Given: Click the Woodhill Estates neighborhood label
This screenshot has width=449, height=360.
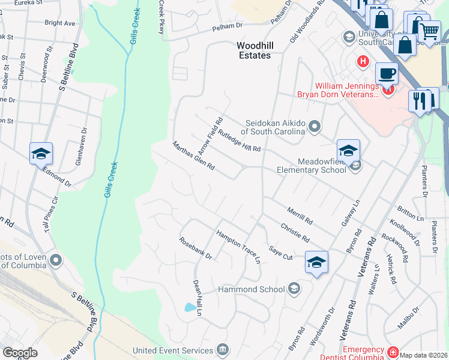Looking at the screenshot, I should tap(253, 50).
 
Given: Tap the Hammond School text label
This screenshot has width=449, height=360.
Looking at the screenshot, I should tap(252, 289).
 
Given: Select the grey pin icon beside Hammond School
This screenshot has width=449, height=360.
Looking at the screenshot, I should tap(294, 290).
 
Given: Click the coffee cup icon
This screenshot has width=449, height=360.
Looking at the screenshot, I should tap(387, 74).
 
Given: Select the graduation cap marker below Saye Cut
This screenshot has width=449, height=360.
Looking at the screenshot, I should tap(316, 262).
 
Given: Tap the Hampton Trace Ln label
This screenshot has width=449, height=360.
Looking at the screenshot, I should tap(238, 247).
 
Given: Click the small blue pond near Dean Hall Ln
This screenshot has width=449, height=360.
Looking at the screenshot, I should tap(190, 308).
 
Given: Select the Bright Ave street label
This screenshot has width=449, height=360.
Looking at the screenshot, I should tap(60, 23).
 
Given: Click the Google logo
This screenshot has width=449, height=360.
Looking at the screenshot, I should tap(20, 353).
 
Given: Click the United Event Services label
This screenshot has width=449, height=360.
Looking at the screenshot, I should tap(172, 350).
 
